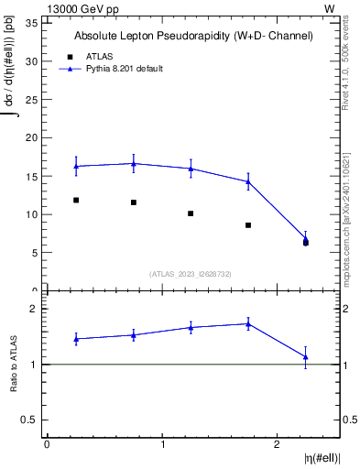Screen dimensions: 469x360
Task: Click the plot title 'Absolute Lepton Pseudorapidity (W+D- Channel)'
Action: pos(193,36)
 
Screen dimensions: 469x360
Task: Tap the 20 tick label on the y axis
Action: pos(34,137)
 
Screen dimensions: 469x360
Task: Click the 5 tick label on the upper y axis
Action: pos(37,253)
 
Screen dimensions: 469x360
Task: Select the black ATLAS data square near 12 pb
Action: pos(76,200)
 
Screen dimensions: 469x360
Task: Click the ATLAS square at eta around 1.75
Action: pos(248,225)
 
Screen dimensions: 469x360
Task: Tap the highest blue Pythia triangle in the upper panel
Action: pos(134,164)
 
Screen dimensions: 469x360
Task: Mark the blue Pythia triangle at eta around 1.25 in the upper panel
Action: pos(191,169)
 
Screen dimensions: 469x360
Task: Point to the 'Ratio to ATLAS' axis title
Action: pos(15,365)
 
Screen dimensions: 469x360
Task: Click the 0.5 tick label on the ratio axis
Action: pos(33,420)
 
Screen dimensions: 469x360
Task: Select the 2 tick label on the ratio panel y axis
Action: pos(37,309)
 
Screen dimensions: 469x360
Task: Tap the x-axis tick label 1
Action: pos(162,443)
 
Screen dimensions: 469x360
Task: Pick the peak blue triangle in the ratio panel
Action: pos(248,323)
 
